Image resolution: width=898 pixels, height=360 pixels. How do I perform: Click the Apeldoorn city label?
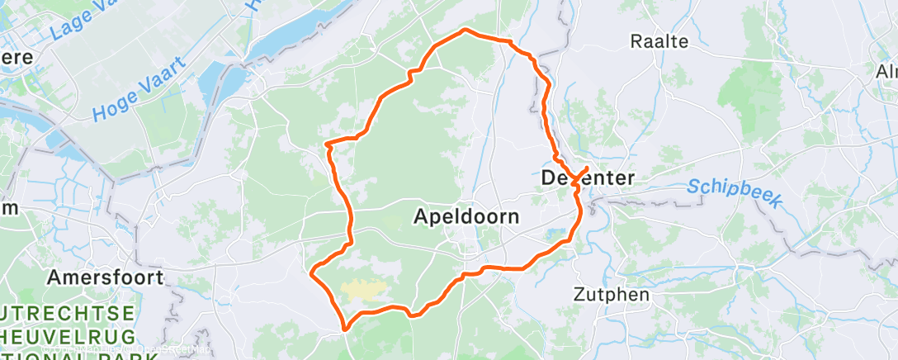tap(466, 217)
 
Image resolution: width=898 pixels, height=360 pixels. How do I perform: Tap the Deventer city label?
tap(588, 178)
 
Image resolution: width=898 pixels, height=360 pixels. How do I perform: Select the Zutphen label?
tap(612, 294)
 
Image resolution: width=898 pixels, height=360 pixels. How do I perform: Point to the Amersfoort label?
tap(105, 277)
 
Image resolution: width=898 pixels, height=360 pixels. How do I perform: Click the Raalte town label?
tap(659, 41)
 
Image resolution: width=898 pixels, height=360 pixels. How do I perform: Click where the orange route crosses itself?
tap(574, 180)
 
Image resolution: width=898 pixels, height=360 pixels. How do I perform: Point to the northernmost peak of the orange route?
tap(466, 30)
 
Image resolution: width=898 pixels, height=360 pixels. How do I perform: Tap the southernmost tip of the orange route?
tap(345, 329)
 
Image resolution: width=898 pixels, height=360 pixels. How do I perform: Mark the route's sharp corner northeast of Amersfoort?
tap(312, 272)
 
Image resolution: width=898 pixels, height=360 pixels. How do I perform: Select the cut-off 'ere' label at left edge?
tap(17, 57)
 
